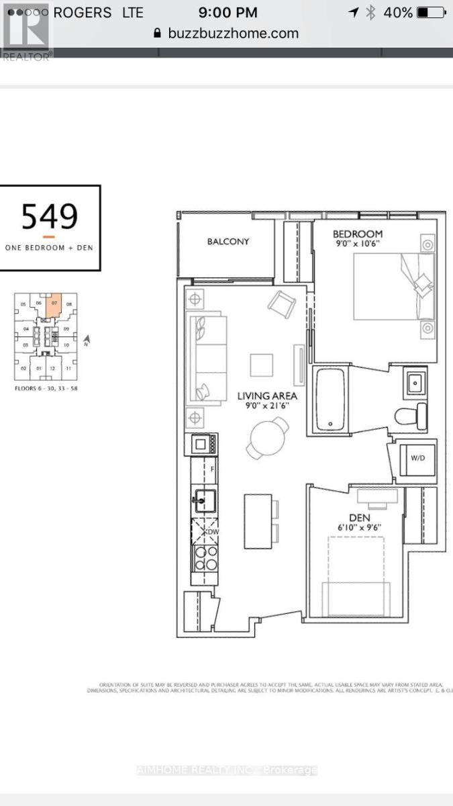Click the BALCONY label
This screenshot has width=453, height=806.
228,241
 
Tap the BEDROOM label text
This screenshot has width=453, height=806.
358,234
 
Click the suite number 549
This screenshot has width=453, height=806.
50,216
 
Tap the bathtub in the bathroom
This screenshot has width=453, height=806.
330,399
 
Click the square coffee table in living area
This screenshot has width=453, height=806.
262,365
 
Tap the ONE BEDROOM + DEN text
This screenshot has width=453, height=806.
49,247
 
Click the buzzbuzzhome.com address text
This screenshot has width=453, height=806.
234,33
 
